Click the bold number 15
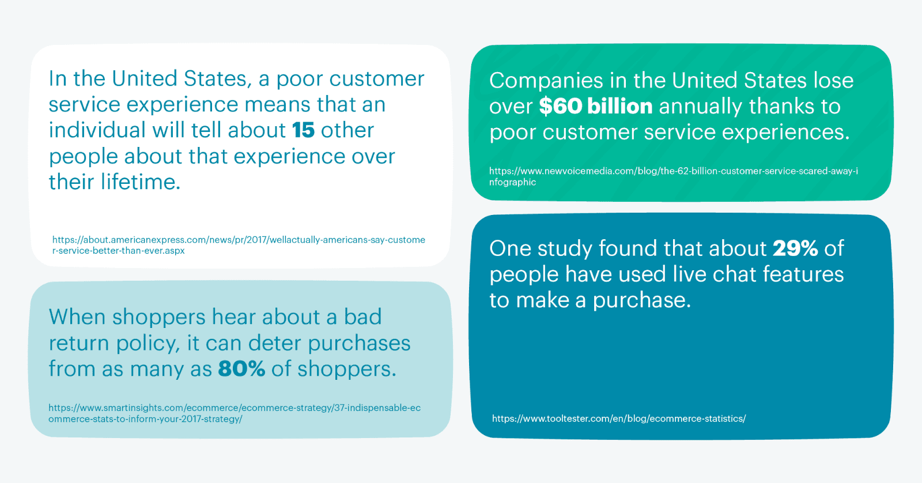[303, 130]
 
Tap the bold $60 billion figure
[596, 106]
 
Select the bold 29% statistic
[795, 248]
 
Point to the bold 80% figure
[241, 368]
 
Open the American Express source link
[239, 245]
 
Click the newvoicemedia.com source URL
[674, 176]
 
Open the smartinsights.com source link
[235, 413]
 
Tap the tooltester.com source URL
[619, 418]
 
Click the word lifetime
[141, 182]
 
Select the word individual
[97, 130]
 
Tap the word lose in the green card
[833, 81]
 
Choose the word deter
[274, 343]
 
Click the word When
[77, 317]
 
